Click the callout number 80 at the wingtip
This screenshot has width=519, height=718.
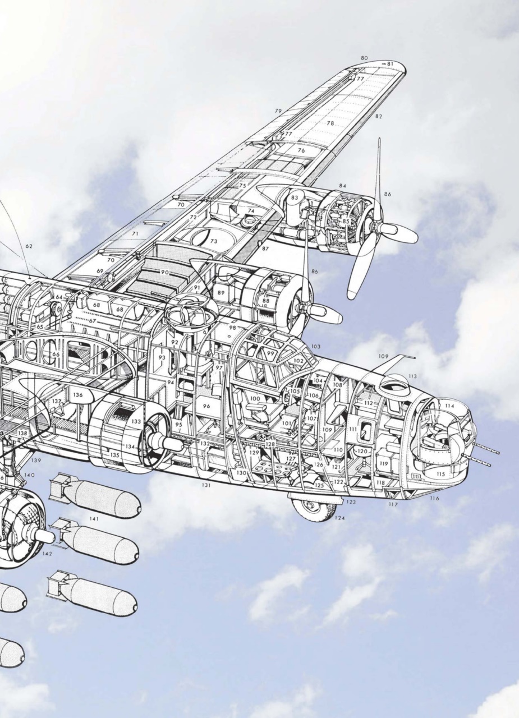tap(364, 58)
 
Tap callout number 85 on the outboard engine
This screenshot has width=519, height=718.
tap(346, 222)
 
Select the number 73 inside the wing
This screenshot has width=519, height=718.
tap(213, 241)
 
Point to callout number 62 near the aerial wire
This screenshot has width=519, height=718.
tap(29, 246)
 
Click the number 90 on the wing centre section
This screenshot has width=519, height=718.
tap(164, 272)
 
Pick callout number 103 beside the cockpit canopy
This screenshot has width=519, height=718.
tap(315, 347)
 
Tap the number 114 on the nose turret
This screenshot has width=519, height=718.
tap(449, 406)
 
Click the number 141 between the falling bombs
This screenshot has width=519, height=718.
tap(94, 519)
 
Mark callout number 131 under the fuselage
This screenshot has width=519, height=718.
tap(206, 485)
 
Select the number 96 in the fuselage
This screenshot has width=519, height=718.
tap(206, 406)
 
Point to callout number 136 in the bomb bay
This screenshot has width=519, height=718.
tap(77, 395)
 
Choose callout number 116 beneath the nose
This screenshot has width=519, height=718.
tap(434, 498)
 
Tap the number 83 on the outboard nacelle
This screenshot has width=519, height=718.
tap(295, 198)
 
